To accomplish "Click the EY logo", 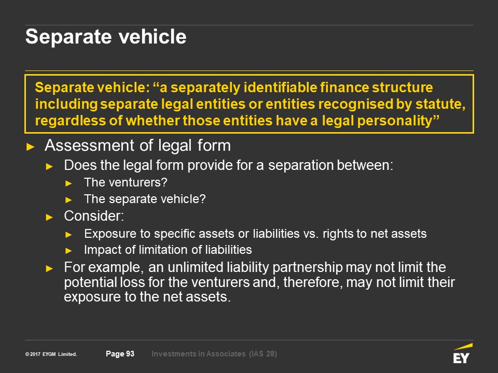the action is pos(463,354).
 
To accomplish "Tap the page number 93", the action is pos(130,354).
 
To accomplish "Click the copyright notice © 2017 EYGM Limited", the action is pos(51,354).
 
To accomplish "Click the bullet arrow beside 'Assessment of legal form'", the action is pos(31,147).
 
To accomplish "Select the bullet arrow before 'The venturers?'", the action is pos(68,183).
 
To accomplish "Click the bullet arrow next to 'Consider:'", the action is pos(49,217).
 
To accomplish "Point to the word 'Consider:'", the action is pos(94,216).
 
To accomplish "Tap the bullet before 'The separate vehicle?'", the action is pos(68,200).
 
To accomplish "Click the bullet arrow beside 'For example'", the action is pos(49,269).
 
